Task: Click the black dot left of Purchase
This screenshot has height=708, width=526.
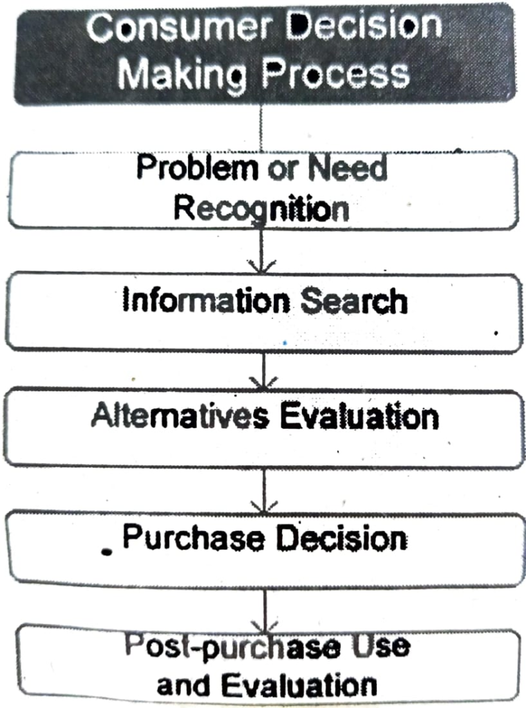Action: (x=106, y=552)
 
